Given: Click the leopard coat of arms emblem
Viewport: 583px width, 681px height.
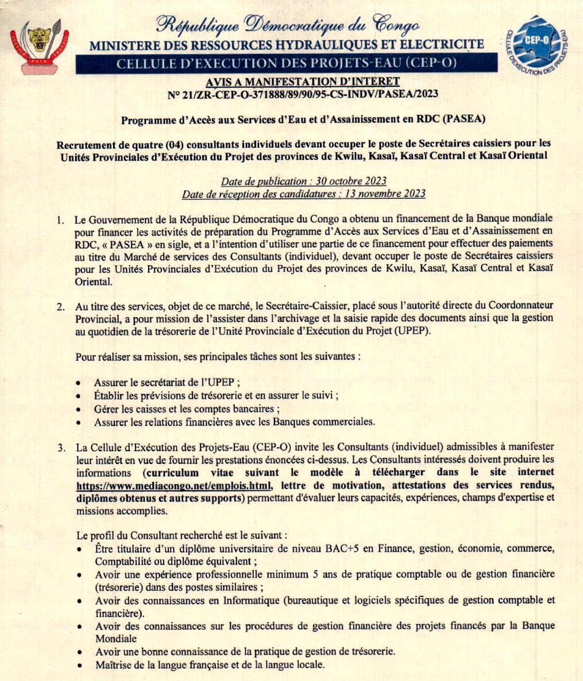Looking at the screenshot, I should [x=38, y=46].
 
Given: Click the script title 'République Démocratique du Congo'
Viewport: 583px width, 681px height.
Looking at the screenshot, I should [x=288, y=26].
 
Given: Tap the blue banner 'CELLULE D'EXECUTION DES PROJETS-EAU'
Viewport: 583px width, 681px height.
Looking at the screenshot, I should [x=286, y=63].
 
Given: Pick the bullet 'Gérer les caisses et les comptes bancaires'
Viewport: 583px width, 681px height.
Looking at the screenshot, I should [x=187, y=409].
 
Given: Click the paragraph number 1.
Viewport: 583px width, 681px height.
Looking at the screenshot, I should [x=60, y=220].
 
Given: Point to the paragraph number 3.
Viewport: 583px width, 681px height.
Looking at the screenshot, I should [x=60, y=447].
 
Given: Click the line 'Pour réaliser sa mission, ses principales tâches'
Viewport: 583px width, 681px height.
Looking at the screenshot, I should [x=218, y=356].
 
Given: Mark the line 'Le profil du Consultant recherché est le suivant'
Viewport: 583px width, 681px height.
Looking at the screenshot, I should [x=189, y=536].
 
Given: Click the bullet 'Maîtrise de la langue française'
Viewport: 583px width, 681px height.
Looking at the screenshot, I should [x=210, y=665].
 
